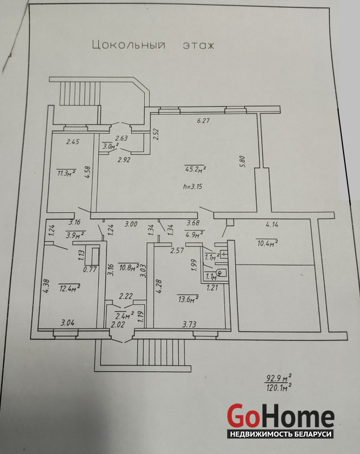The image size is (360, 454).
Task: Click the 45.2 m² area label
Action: click(195, 168)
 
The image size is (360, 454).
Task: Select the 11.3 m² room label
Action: click(66, 173)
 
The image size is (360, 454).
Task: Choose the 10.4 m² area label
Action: click(266, 243)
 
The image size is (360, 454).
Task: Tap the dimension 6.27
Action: click(203, 120)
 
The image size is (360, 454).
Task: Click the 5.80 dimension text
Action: click(242, 162)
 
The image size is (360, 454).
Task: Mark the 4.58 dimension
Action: click(87, 172)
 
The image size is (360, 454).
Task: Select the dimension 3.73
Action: click(190, 325)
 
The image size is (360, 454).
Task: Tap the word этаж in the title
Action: click(198, 45)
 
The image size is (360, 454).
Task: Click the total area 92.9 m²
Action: click(279, 377)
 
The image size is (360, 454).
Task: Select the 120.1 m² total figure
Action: click(279, 388)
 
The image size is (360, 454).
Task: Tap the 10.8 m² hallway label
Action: click(128, 266)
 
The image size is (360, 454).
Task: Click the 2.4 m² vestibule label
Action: click(124, 314)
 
